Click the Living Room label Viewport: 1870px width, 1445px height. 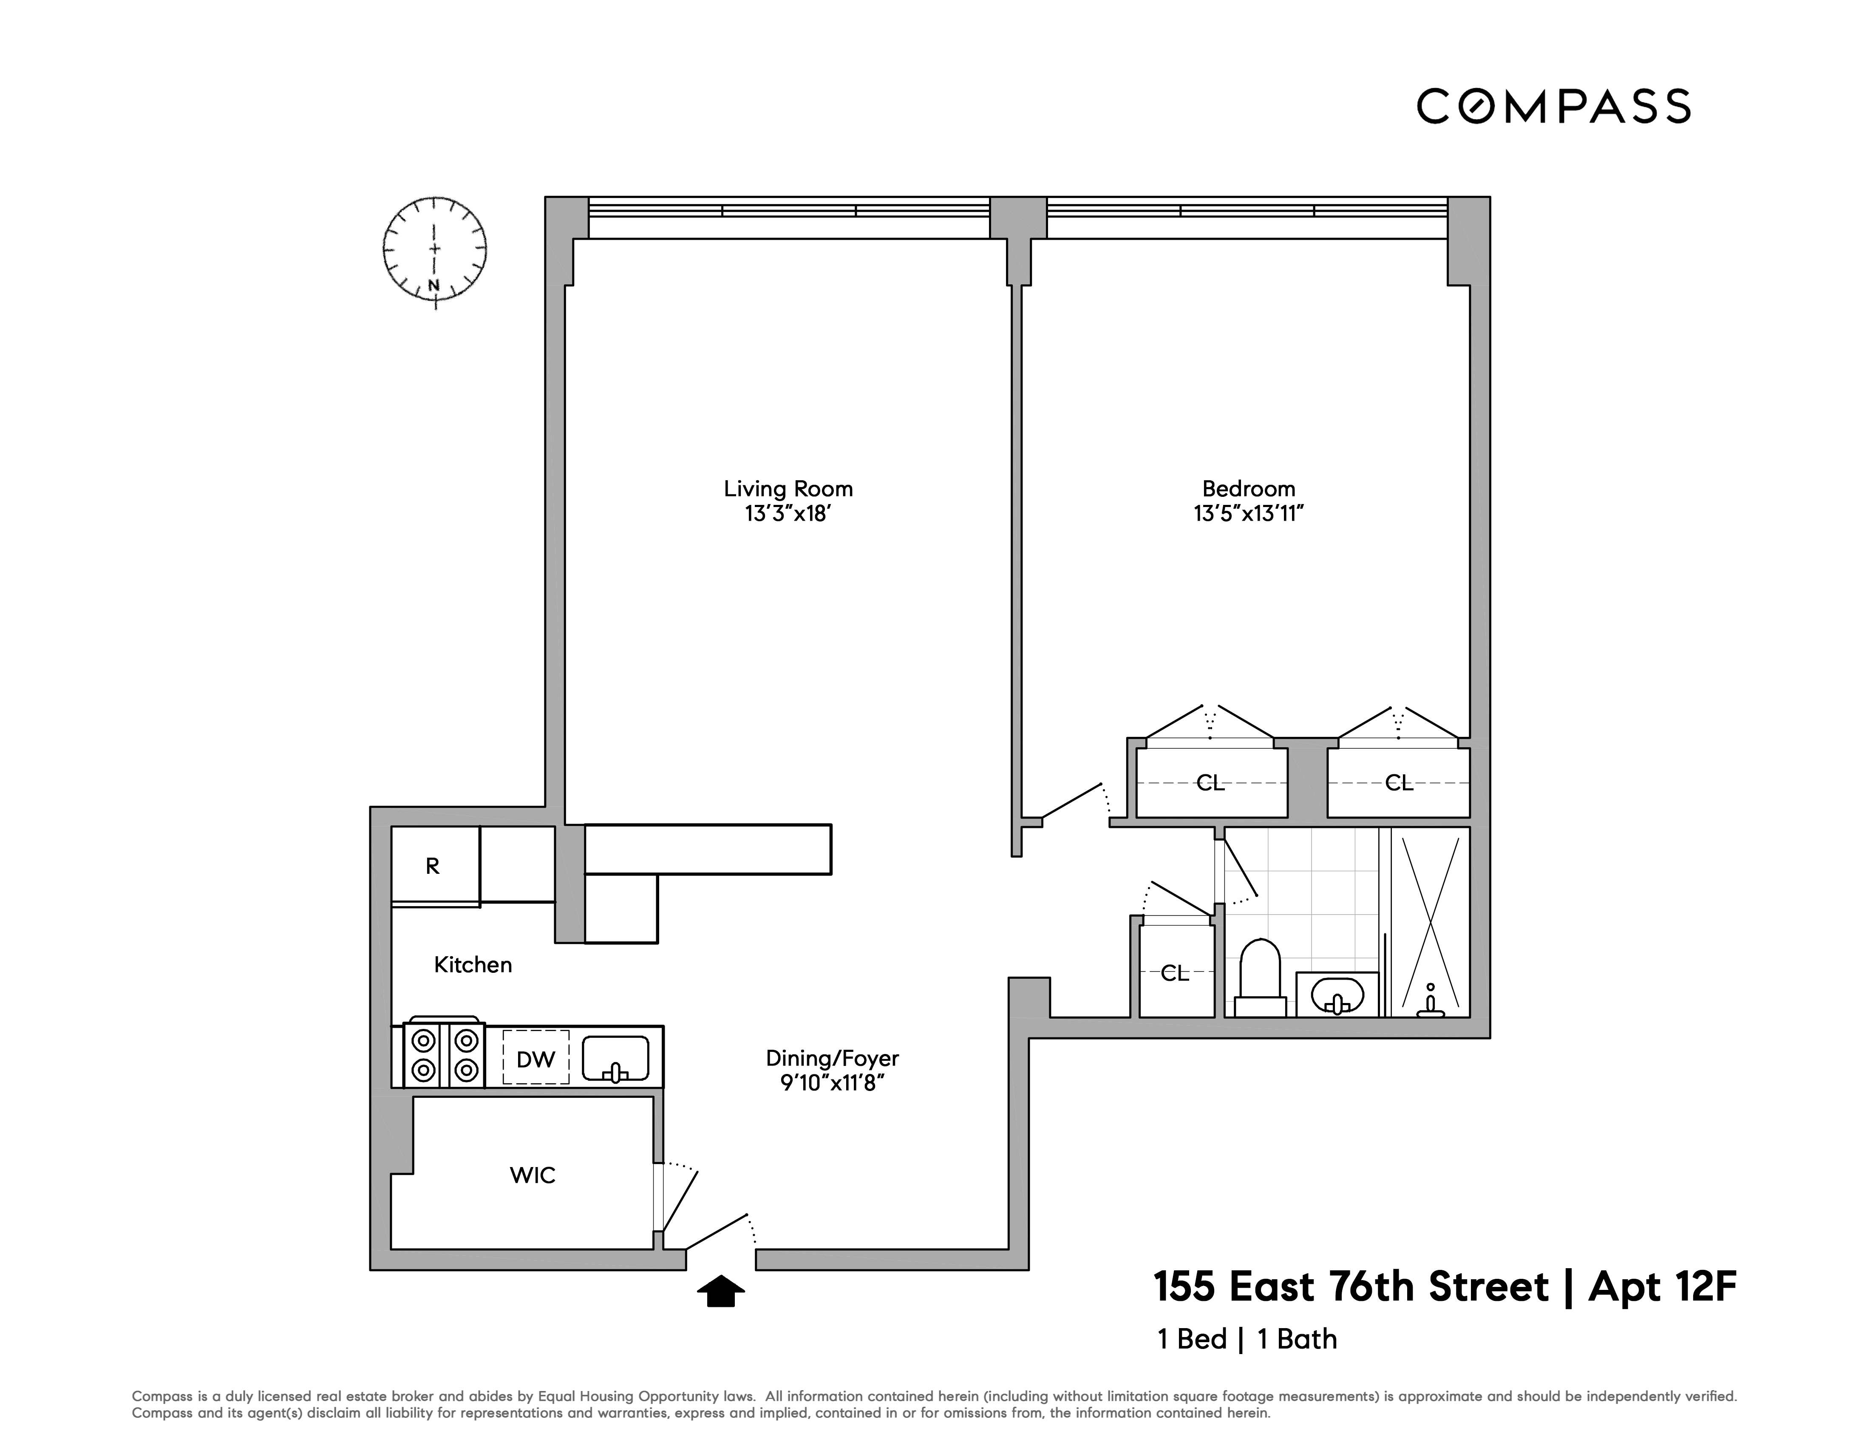[x=788, y=489]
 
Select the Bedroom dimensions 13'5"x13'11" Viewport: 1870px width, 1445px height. [x=1248, y=514]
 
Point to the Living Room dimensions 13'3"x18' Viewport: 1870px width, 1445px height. [x=788, y=514]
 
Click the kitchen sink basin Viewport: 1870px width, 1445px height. [x=616, y=1059]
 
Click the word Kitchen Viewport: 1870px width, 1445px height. [x=473, y=965]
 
